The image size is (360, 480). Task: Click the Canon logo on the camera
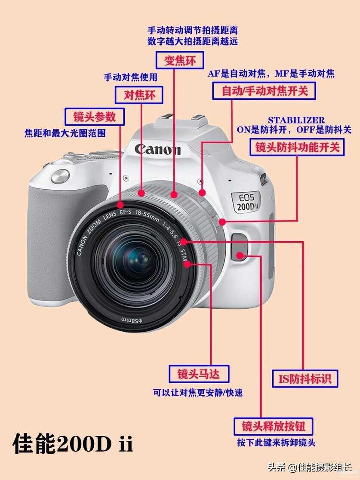point(157,149)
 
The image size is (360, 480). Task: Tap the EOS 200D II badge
point(246,202)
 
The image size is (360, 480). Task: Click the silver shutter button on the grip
point(60,176)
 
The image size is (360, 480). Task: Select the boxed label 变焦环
point(180,60)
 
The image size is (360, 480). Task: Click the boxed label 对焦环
point(139,95)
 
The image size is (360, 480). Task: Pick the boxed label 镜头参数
point(95,117)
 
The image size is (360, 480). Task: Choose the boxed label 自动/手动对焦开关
point(264,91)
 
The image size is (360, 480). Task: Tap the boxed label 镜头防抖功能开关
point(297,147)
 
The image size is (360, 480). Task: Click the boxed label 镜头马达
point(199,374)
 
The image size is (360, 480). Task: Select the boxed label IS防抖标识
point(305,378)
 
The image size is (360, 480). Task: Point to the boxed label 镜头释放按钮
point(273,426)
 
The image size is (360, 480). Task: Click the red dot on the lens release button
point(240,255)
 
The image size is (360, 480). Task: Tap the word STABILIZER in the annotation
point(296,120)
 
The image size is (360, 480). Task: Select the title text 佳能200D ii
point(73,443)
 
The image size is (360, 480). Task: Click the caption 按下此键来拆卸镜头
point(276,443)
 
